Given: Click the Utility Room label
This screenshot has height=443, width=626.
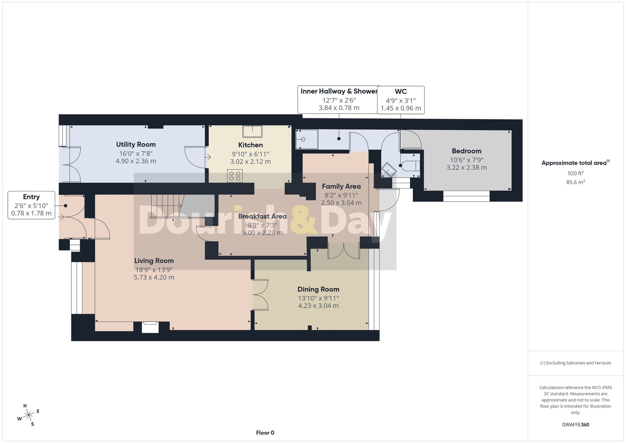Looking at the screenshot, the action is pos(136,145).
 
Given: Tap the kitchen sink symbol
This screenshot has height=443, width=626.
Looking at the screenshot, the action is pos(252,131).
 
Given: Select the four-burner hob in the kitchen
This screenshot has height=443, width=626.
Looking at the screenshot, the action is pos(235,176).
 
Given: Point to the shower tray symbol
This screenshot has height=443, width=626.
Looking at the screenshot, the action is pos(307,139).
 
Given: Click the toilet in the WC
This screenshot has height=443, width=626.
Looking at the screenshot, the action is pos(410,166).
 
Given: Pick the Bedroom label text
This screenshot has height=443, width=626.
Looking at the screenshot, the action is pos(466,151).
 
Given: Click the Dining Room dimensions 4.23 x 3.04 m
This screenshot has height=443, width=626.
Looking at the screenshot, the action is pos(318,306).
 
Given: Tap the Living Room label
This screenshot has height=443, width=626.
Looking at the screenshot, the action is pos(154,261).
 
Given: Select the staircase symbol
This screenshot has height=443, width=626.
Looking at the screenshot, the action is pos(167,206).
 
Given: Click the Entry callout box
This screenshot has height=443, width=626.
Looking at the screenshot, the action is pos(31,205).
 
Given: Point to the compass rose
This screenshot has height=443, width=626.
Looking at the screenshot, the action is pos(29,415).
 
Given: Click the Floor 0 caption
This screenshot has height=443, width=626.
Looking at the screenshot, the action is pos(265,433).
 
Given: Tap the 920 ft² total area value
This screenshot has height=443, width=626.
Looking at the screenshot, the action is pos(576,173).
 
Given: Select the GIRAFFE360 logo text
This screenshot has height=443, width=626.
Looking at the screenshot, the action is pos(576,425).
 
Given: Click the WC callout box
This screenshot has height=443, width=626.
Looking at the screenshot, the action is pos(401,100).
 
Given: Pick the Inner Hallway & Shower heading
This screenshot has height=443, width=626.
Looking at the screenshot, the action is pos(339,91).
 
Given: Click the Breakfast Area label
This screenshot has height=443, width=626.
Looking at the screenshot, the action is pos(262,217).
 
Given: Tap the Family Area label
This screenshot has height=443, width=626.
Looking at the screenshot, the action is pos(341,187).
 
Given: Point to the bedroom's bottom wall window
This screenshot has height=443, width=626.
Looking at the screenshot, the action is pos(466,196).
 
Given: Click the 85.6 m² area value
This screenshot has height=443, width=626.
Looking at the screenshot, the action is pos(576,182).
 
